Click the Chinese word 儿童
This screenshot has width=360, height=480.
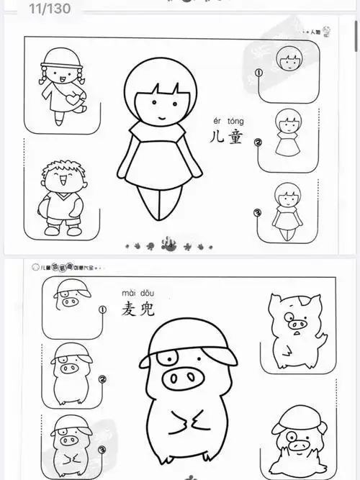pyautogui.click(x=225, y=136)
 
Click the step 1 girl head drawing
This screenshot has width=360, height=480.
pyautogui.click(x=291, y=57)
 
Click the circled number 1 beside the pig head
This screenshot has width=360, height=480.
pyautogui.click(x=102, y=311)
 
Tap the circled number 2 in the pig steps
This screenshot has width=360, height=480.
pyautogui.click(x=102, y=380)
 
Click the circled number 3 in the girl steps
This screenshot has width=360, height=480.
pyautogui.click(x=258, y=213)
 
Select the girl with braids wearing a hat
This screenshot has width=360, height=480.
pyautogui.click(x=60, y=85)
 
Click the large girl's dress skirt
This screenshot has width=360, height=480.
pyautogui.click(x=160, y=164)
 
